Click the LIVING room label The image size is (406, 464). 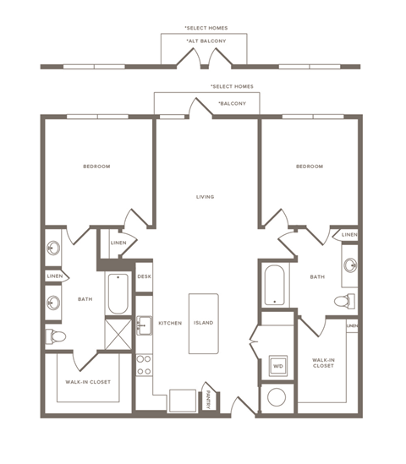pyautogui.click(x=205, y=197)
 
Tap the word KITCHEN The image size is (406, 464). pyautogui.click(x=170, y=323)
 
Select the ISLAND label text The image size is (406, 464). pyautogui.click(x=203, y=323)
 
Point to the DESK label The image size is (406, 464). pyautogui.click(x=144, y=276)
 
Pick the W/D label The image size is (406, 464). pyautogui.click(x=277, y=366)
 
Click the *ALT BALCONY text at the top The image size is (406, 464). pyautogui.click(x=204, y=41)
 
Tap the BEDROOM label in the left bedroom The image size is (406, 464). pyautogui.click(x=96, y=166)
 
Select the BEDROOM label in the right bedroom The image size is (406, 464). pyautogui.click(x=310, y=166)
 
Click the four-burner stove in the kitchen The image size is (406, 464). pyautogui.click(x=144, y=364)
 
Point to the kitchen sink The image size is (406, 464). pyautogui.click(x=144, y=325)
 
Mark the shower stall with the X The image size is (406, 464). pyautogui.click(x=118, y=332)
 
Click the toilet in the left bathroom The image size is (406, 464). pyautogui.click(x=56, y=336)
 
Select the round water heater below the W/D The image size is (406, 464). pyautogui.click(x=277, y=397)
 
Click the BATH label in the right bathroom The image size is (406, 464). pyautogui.click(x=317, y=276)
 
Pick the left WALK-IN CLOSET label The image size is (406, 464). pyautogui.click(x=88, y=382)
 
